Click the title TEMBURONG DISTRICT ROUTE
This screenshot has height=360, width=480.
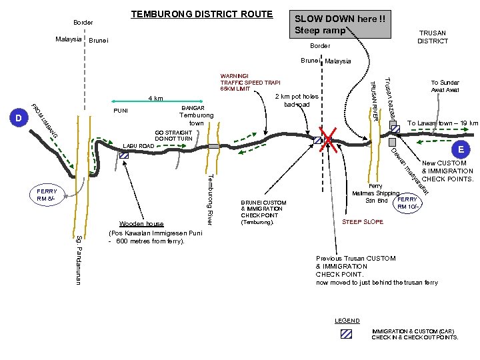pyautogui.click(x=201, y=14)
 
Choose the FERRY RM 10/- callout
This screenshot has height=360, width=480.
pyautogui.click(x=407, y=203)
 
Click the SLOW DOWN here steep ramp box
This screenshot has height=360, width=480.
pyautogui.click(x=339, y=25)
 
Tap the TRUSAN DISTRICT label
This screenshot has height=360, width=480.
pyautogui.click(x=433, y=37)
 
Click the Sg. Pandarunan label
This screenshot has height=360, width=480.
pyautogui.click(x=78, y=259)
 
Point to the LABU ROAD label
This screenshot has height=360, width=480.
pyautogui.click(x=138, y=145)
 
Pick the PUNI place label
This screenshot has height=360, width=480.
pyautogui.click(x=121, y=110)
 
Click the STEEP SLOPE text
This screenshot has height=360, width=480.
pyautogui.click(x=362, y=221)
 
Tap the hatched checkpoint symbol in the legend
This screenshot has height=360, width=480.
pyautogui.click(x=346, y=334)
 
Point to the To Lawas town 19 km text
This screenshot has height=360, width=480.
pyautogui.click(x=442, y=123)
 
